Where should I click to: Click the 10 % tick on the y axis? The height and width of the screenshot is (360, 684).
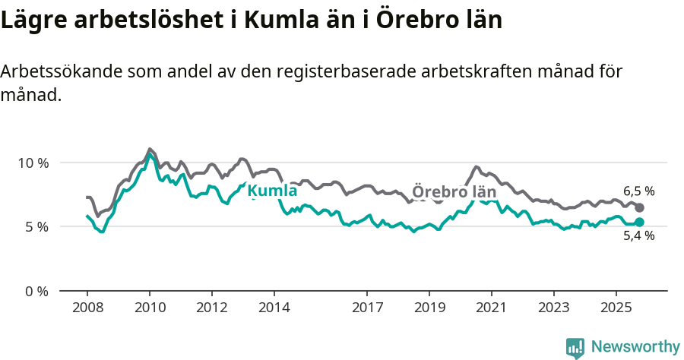click(32, 163)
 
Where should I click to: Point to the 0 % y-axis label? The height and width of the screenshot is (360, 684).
click(35, 291)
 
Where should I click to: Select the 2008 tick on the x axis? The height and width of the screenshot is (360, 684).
click(87, 308)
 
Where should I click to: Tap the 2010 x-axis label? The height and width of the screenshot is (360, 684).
click(149, 308)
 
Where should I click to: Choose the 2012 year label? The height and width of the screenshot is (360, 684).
click(211, 308)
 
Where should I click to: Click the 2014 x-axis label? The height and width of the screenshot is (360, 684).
click(274, 308)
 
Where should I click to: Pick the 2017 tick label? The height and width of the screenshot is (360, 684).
click(367, 308)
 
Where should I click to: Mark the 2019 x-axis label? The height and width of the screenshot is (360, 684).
click(429, 308)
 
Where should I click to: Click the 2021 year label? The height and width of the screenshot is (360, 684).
click(491, 308)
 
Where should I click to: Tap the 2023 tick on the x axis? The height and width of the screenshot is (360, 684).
click(553, 308)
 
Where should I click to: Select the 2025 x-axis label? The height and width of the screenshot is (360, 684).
click(616, 308)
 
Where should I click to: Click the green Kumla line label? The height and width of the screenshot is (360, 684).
click(272, 191)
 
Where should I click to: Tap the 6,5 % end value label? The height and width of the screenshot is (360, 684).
click(638, 191)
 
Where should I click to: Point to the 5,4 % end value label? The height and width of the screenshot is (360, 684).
click(638, 235)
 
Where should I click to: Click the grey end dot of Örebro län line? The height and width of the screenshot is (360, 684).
click(640, 207)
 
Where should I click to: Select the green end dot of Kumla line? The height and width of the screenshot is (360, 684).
click(640, 222)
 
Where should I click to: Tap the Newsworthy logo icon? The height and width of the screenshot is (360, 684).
click(575, 348)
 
